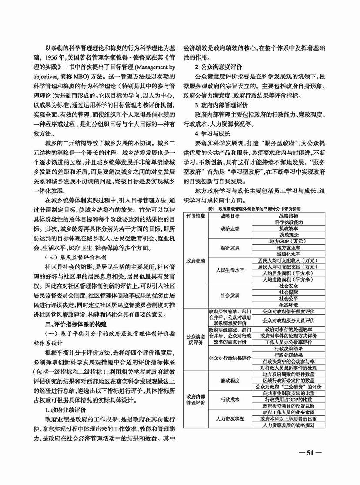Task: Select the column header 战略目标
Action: [x=230, y=216]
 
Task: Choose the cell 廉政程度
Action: [x=230, y=380]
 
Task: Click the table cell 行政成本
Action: [x=230, y=399]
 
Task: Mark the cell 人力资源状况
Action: [x=230, y=418]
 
